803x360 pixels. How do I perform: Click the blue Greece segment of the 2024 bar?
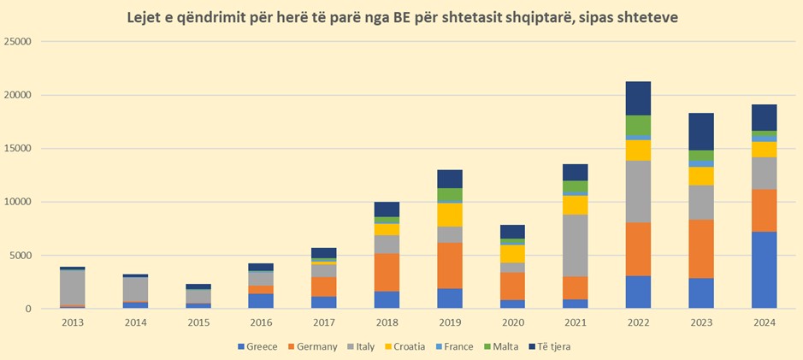(764, 270)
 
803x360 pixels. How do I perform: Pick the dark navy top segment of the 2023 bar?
(700, 132)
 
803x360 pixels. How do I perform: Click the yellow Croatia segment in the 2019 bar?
(449, 215)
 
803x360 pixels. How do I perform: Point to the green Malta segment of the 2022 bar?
(638, 125)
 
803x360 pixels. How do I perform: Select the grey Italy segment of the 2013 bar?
(72, 286)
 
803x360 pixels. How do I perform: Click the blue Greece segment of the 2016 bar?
(261, 301)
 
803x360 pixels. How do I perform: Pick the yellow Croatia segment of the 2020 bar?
(512, 254)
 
